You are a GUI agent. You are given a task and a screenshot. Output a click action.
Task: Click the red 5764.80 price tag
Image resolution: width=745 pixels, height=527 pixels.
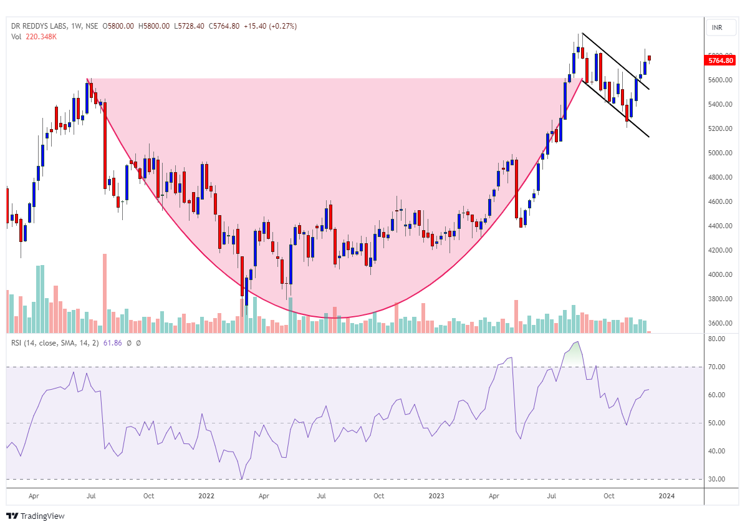click(721, 60)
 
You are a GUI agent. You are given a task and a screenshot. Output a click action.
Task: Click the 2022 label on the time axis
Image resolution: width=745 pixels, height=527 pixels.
click(206, 496)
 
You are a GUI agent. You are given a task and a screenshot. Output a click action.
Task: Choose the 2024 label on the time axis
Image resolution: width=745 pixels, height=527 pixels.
click(666, 496)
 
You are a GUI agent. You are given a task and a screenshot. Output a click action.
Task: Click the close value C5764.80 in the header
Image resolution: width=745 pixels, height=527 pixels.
click(224, 26)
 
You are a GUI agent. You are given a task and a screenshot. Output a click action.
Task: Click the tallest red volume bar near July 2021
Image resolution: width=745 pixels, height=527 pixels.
click(105, 293)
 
